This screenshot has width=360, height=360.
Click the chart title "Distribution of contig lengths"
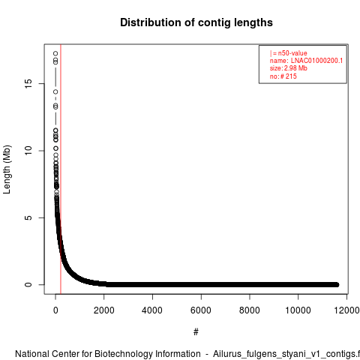196,22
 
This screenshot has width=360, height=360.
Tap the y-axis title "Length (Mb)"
7,169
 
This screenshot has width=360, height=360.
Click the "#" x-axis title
196,332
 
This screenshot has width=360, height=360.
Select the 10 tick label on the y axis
28,151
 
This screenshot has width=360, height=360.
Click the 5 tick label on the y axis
28,217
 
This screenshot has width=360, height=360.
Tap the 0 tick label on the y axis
28,284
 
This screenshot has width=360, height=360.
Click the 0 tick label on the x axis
55,310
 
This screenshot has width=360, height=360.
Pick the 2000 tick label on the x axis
104,310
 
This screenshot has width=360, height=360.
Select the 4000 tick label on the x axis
152,310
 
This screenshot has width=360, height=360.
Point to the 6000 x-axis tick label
201,310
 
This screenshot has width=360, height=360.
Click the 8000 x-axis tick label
249,310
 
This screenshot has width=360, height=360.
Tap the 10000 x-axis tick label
298,310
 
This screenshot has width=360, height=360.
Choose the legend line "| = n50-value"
289,53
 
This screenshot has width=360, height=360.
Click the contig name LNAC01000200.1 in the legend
316,61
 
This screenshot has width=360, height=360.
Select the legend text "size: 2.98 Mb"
289,68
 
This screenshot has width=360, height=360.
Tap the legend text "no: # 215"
283,76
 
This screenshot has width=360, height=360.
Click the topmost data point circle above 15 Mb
55,53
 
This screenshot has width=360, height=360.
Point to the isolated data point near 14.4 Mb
55,92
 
